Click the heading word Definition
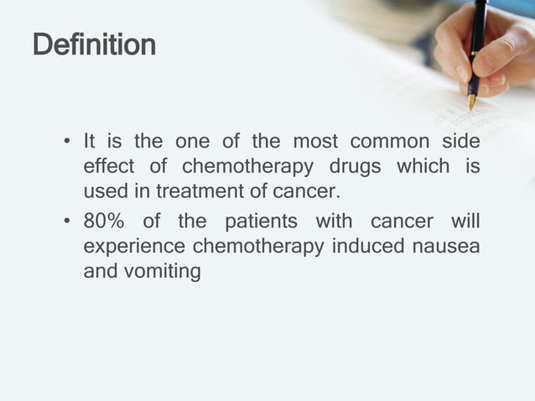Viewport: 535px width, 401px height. point(94,44)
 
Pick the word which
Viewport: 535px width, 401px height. point(423,165)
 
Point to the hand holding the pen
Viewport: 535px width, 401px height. point(491,55)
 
